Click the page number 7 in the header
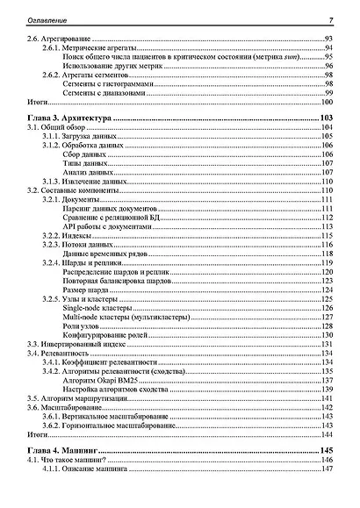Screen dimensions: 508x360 [331, 20]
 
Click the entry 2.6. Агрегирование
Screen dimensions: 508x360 [61, 39]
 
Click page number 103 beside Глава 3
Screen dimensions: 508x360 [328, 118]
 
